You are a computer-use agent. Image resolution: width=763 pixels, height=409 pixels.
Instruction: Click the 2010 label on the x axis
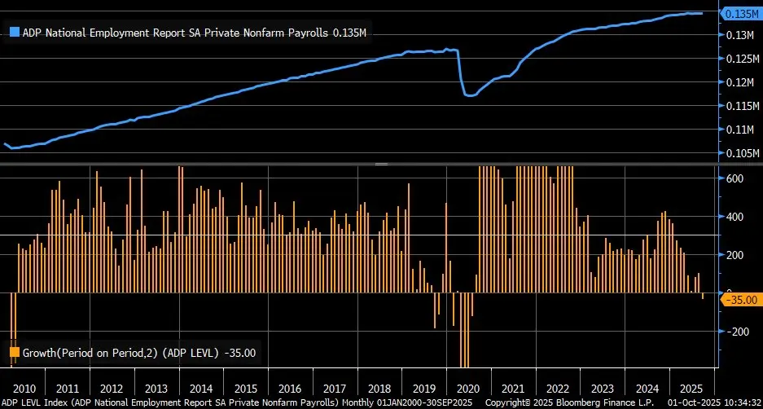(x=24, y=389)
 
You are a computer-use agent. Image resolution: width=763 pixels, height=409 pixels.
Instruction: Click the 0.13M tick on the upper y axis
(x=740, y=35)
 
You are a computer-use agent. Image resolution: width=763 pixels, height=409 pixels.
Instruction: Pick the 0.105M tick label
(x=743, y=153)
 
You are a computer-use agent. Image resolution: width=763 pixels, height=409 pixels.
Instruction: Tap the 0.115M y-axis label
(x=743, y=106)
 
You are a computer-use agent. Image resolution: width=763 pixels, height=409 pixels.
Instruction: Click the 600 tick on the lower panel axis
(x=735, y=178)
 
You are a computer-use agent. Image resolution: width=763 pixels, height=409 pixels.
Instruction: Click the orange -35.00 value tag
(x=740, y=300)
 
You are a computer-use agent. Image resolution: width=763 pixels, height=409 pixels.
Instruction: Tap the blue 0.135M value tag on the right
(x=742, y=13)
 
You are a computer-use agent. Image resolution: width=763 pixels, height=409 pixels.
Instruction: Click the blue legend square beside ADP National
(x=15, y=33)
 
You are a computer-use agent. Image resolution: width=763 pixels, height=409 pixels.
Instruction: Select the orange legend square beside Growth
(x=15, y=353)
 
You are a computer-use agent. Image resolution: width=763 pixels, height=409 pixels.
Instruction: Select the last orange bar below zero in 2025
(x=703, y=296)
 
